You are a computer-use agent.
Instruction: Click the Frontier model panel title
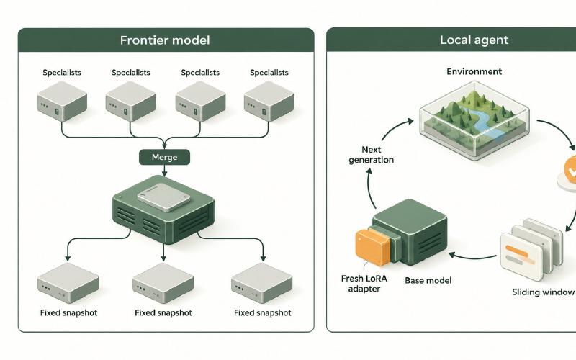coord(165,40)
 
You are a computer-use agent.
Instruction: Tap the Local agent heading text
coord(474,40)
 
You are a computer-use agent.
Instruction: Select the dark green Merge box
coord(165,157)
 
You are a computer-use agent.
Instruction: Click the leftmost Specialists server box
coord(62,101)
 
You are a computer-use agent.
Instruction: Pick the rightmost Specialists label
coord(269,73)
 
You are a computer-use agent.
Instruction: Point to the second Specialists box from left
coord(130,101)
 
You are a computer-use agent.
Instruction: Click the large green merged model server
coord(163,210)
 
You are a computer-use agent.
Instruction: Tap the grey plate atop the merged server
coord(164,197)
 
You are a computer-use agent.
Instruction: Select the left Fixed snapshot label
coord(68,313)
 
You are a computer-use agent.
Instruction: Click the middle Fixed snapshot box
coord(163,283)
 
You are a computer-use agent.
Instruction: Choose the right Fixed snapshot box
coord(261,283)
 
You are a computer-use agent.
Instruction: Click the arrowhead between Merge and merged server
coord(164,173)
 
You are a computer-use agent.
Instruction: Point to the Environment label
coord(474,71)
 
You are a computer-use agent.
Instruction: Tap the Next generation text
coord(371,155)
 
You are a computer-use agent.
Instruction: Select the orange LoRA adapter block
coord(372,247)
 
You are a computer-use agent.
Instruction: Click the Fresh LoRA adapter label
coord(364,284)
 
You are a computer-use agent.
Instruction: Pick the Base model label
coord(428,281)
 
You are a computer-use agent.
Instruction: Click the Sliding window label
coord(543,292)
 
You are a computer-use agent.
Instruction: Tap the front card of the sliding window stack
coord(521,256)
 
